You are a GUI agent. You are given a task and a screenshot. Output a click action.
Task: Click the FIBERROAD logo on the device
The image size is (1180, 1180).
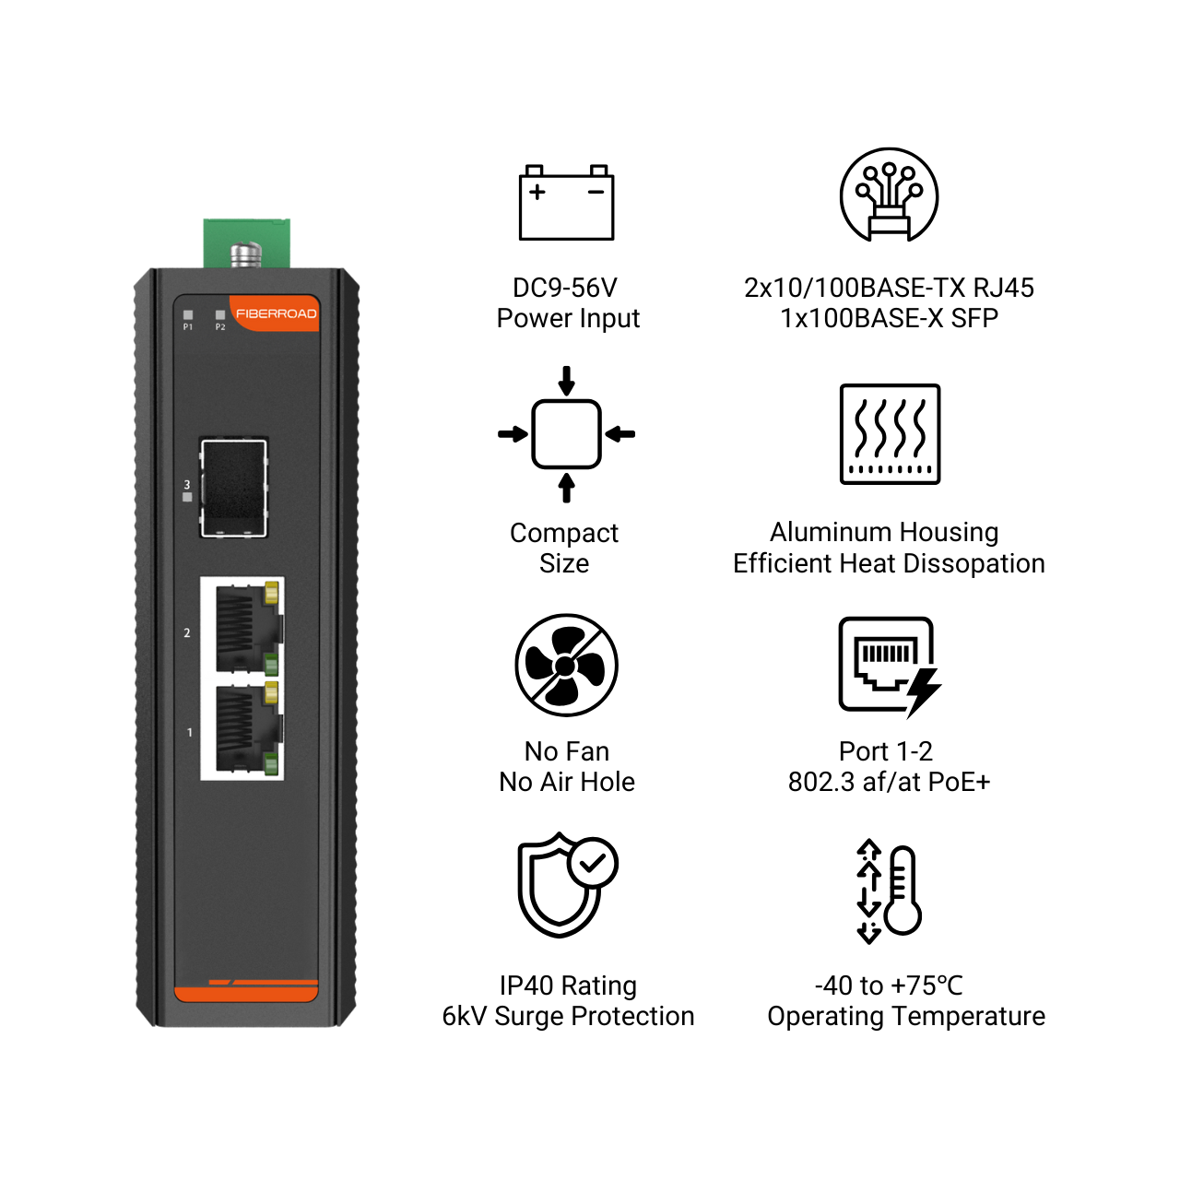click(277, 313)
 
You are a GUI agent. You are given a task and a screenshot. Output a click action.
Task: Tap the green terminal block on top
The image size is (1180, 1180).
click(247, 243)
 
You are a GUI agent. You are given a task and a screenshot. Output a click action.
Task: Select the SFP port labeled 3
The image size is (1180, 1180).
click(233, 488)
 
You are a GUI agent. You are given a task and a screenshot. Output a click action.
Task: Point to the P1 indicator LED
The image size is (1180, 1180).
click(188, 314)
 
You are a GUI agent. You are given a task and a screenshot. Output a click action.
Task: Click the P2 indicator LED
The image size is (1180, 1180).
click(220, 314)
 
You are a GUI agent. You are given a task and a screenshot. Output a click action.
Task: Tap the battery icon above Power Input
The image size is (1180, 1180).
click(566, 202)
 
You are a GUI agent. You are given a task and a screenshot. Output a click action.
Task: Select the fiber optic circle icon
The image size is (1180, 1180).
click(889, 195)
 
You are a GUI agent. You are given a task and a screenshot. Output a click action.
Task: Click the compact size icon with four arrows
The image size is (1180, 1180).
click(566, 434)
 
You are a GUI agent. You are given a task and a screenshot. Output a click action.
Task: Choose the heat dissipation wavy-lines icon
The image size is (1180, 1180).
click(890, 434)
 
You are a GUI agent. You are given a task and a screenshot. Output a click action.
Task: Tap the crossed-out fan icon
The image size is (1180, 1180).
click(566, 666)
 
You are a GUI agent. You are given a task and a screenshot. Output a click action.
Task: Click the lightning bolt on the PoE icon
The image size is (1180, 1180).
click(924, 692)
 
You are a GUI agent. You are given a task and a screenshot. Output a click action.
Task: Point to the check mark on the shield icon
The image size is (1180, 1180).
click(592, 864)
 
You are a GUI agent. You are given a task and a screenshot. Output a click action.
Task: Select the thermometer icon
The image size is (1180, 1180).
click(903, 891)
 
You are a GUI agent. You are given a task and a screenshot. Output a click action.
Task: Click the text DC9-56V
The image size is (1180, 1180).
click(564, 288)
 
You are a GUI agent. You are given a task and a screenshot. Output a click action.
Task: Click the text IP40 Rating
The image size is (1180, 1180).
click(568, 985)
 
